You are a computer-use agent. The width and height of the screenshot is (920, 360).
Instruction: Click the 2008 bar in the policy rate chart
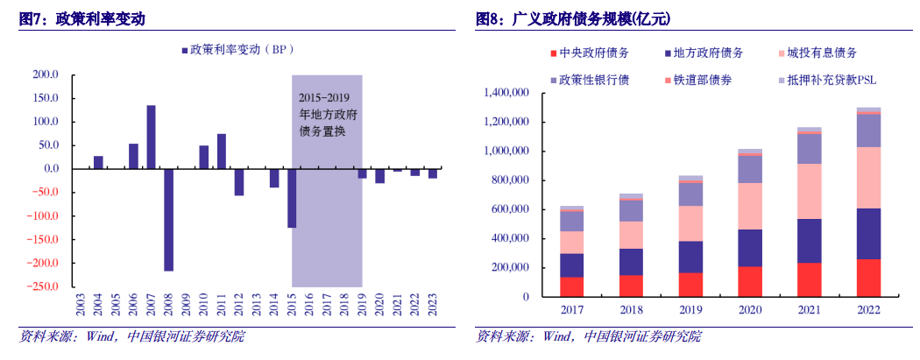[168, 220]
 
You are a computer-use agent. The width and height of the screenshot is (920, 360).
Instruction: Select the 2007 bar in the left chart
[151, 137]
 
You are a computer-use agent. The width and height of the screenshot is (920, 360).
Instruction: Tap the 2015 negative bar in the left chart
[292, 198]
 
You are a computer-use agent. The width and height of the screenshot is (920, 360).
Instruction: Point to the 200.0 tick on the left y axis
[45, 74]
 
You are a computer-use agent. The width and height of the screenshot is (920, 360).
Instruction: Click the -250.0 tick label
[42, 286]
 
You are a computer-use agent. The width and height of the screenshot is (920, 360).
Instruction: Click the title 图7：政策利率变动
[82, 18]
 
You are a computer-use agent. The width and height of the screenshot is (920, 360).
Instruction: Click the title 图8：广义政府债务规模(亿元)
[579, 18]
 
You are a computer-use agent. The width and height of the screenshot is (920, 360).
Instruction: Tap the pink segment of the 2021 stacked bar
[809, 191]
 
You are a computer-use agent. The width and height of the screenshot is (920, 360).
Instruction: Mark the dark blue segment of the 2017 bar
[572, 265]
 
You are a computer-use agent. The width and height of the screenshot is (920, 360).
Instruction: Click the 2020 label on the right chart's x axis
[750, 309]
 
